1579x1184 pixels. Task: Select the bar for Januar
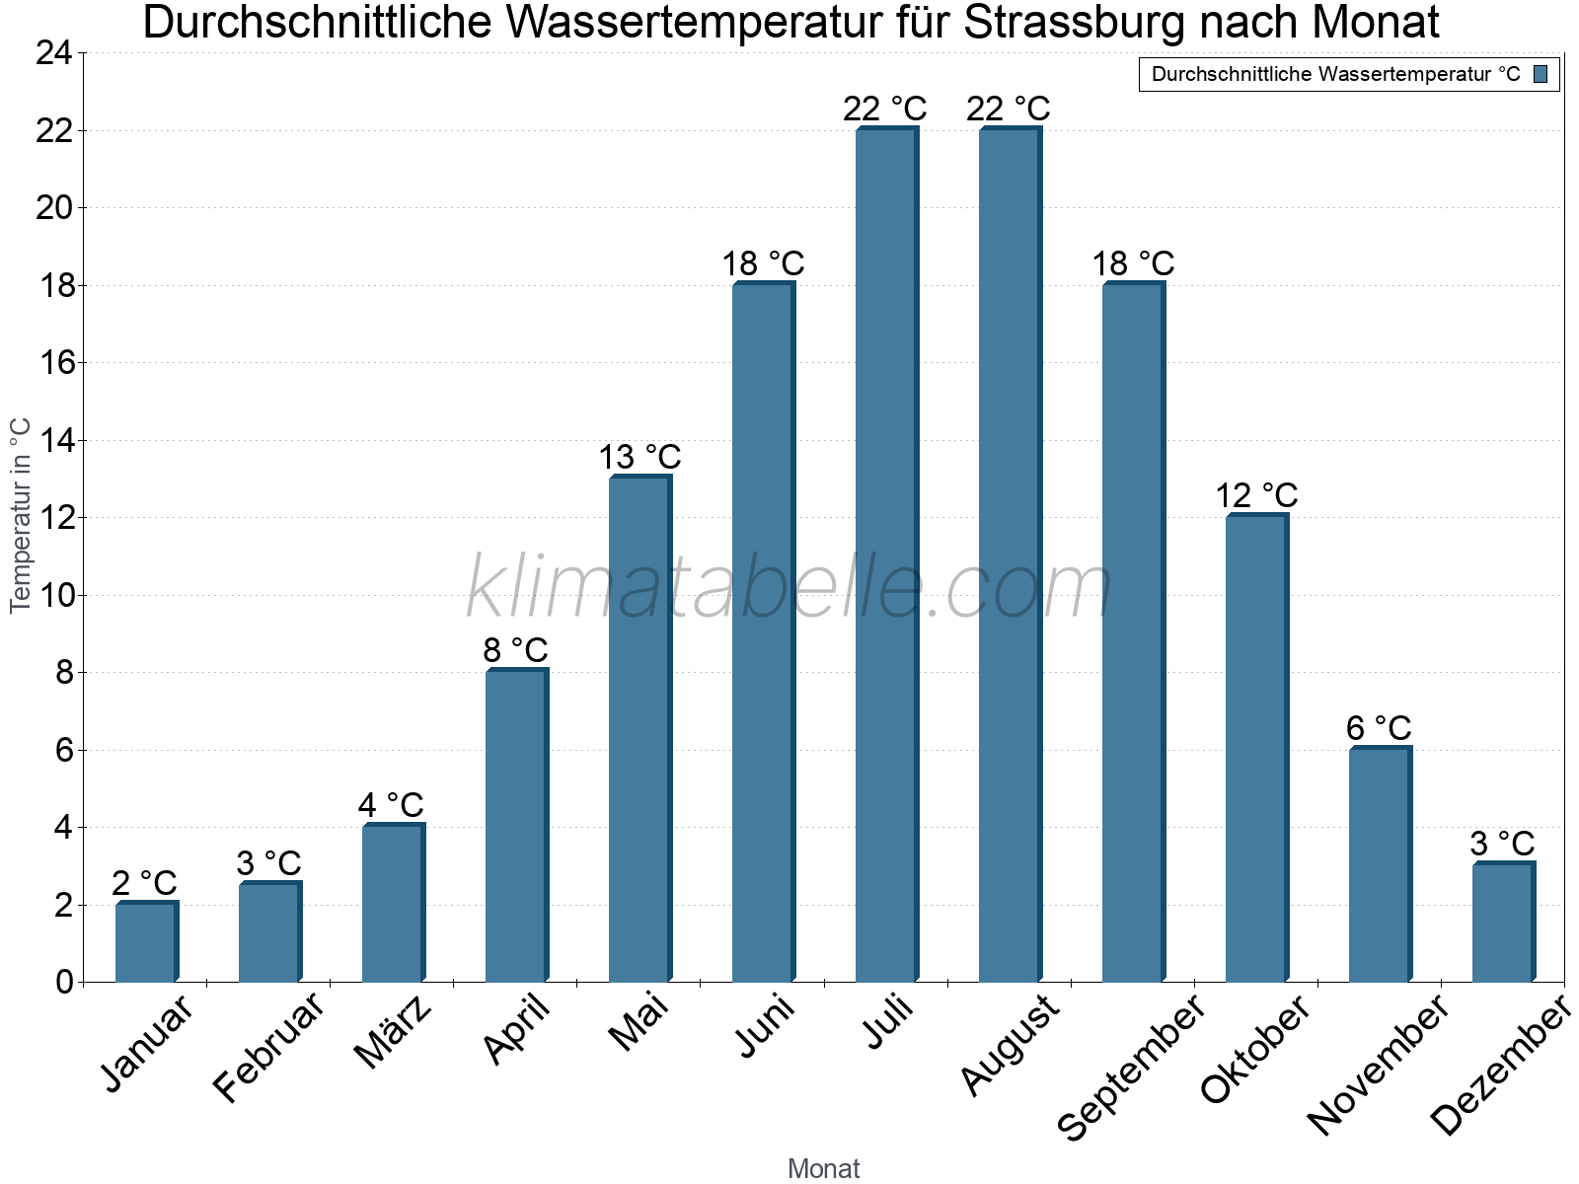[146, 942]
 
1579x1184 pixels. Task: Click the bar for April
[516, 826]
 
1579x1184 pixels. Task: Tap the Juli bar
[886, 555]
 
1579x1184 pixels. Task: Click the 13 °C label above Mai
[640, 458]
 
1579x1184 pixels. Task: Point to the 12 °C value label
[1256, 495]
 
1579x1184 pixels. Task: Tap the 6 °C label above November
[1379, 728]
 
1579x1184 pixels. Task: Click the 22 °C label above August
[1009, 109]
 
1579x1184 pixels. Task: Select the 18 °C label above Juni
[763, 264]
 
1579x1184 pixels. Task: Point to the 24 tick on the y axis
[54, 53]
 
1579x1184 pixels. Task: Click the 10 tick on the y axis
[54, 595]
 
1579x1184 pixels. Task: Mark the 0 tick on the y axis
[65, 982]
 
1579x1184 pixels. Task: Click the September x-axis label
[1131, 1068]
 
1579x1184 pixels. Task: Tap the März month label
[393, 1033]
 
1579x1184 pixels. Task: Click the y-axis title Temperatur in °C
[21, 515]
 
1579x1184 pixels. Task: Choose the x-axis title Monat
[823, 1169]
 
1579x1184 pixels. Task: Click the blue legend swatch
[1541, 74]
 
